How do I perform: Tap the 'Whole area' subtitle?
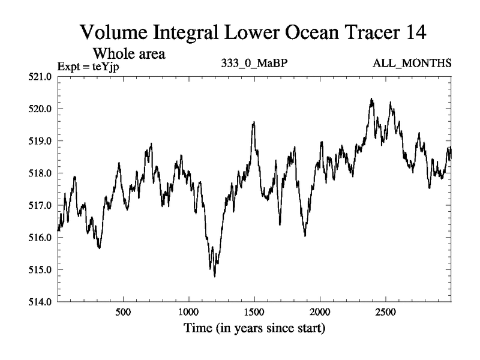pos(129,53)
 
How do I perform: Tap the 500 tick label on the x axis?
pos(123,313)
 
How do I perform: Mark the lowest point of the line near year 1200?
pos(215,276)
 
